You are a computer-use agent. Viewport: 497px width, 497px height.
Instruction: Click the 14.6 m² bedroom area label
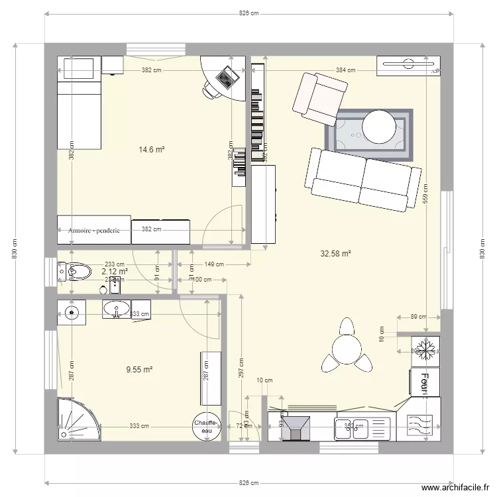click(151, 150)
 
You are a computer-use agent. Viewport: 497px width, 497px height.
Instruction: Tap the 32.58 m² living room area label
click(335, 253)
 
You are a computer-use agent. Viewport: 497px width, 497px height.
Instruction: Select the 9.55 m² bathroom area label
click(140, 370)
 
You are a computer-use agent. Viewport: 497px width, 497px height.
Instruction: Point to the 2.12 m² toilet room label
click(114, 271)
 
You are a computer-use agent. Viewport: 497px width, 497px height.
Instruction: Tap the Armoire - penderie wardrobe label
click(93, 231)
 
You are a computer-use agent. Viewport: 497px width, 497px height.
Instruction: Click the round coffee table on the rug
click(378, 125)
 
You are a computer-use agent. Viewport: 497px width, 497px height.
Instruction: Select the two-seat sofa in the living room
click(363, 179)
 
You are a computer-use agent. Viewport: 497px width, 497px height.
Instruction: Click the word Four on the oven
click(423, 383)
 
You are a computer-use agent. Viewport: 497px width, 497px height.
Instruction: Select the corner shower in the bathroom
click(75, 417)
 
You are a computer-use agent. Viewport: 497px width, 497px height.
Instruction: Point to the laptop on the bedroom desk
click(227, 78)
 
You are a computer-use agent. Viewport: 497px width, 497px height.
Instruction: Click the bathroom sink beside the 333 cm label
click(117, 309)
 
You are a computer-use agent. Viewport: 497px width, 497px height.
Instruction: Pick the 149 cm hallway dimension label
click(214, 264)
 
